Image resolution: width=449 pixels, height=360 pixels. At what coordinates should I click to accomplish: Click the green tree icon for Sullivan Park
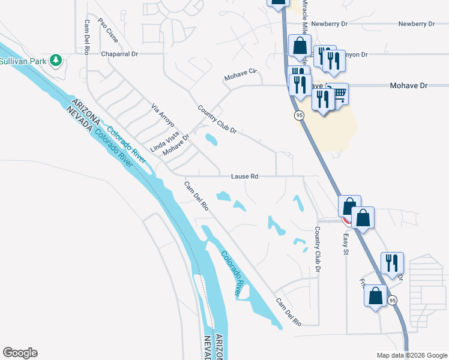[x=56, y=60]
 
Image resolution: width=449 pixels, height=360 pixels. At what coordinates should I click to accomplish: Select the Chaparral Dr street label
[x=120, y=53]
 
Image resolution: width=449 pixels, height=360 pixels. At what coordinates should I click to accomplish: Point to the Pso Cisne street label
[x=108, y=31]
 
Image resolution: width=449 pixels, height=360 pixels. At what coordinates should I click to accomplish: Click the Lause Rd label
[x=244, y=176]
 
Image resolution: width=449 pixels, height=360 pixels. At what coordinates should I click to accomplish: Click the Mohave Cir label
[x=240, y=76]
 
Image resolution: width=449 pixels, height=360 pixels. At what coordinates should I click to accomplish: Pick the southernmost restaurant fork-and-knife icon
[x=391, y=262]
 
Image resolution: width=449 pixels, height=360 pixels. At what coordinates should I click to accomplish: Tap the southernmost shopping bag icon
[x=375, y=295]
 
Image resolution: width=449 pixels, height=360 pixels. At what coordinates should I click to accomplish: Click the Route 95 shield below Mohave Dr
[x=298, y=115]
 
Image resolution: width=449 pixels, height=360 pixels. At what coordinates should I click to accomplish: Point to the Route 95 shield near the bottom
[x=393, y=300]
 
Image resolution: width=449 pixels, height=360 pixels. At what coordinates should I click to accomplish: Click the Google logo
[x=20, y=353]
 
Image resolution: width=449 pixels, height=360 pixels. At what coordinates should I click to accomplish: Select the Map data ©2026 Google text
[x=411, y=355]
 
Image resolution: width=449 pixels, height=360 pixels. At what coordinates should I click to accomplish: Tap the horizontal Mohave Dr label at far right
[x=408, y=86]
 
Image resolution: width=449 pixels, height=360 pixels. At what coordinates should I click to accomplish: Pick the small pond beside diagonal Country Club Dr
[x=211, y=140]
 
